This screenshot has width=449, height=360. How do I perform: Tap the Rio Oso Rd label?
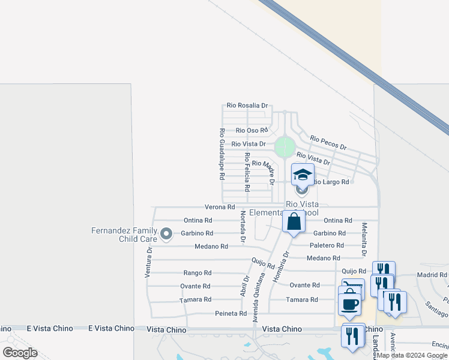tap(252, 130)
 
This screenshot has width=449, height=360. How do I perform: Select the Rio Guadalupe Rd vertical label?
tap(221, 155)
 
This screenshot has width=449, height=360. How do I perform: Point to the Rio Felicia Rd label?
tap(247, 172)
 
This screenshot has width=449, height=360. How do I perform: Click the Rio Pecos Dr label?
tap(328, 143)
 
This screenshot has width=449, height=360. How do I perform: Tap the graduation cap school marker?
tap(302, 175)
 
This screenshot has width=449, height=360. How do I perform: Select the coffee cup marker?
tap(349, 304)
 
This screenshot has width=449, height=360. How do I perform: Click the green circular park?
tap(285, 146)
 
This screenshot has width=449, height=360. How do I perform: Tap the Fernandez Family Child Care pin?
tap(166, 235)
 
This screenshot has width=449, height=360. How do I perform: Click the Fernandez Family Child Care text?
tap(125, 235)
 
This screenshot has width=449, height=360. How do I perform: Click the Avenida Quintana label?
tap(258, 298)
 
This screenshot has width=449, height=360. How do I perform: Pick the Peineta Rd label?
tap(231, 314)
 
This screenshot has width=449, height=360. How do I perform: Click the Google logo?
tap(20, 353)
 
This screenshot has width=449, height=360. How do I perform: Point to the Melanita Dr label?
tap(364, 238)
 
